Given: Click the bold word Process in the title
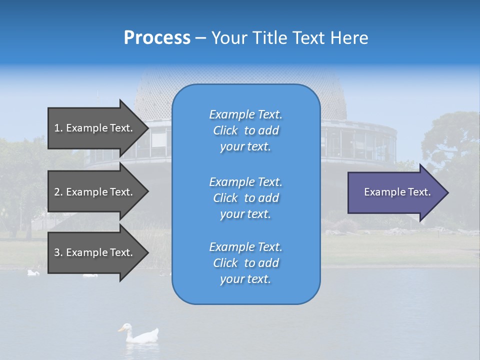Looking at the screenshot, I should pos(157,38).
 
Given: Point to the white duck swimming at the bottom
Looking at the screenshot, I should pos(140,334).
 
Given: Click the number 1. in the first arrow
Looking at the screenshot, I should pos(58,128).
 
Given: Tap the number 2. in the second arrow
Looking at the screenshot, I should pos(58,192).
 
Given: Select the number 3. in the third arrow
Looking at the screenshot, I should pos(58,252).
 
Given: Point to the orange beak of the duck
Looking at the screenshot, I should pos(120,329).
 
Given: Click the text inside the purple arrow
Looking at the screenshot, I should pos(397,192).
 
